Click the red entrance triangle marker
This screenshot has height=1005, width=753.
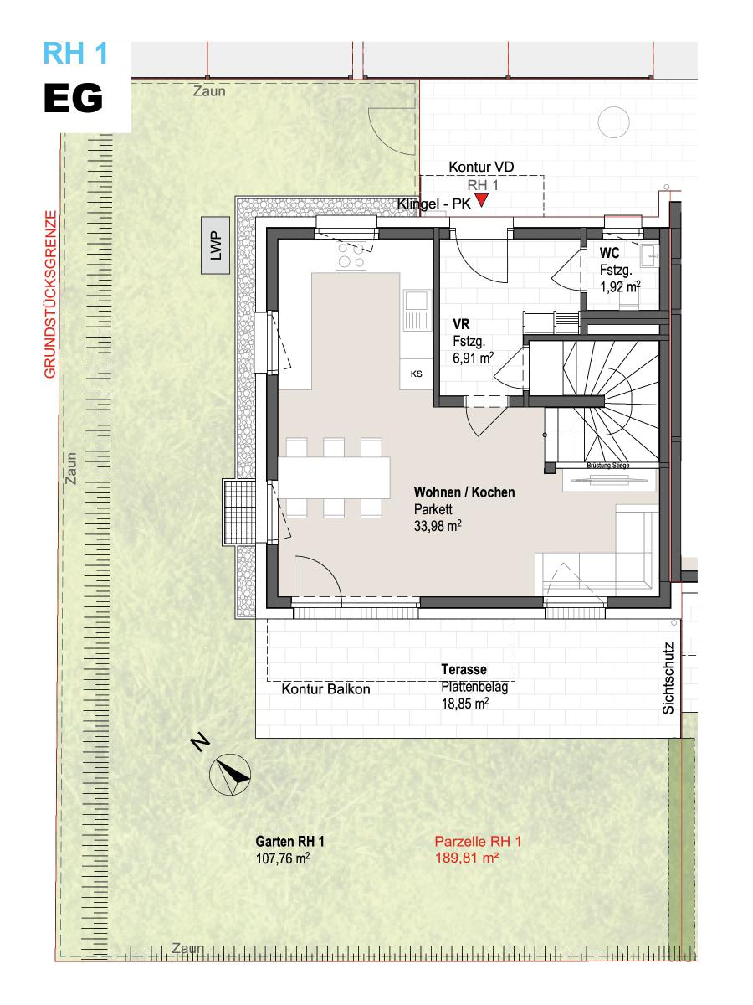coord(481,200)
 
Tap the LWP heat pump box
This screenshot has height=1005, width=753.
coord(215,245)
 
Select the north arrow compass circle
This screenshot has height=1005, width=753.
coord(230,774)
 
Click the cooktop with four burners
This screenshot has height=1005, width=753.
coord(351,255)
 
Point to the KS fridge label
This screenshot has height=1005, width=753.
coord(416,374)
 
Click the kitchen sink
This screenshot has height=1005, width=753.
coord(417,310)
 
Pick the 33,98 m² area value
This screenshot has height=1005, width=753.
coord(438,526)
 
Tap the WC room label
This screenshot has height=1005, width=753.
coord(609,253)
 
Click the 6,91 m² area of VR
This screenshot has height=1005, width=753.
coord(474,358)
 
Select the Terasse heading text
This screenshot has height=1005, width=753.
coord(464,669)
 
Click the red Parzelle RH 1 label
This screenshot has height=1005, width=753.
coord(478,841)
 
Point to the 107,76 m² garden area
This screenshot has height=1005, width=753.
coord(283,858)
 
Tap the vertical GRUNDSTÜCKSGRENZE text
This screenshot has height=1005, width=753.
coord(50,294)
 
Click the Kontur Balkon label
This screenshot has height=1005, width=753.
coord(325,689)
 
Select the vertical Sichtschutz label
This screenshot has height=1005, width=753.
coord(668,678)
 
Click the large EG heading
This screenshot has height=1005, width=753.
coord(73,98)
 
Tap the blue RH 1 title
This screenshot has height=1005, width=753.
coord(75,53)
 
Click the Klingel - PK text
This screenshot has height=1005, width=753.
coord(434,204)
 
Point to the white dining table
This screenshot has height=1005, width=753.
coord(334,477)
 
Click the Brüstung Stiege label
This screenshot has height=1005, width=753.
coord(608,465)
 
